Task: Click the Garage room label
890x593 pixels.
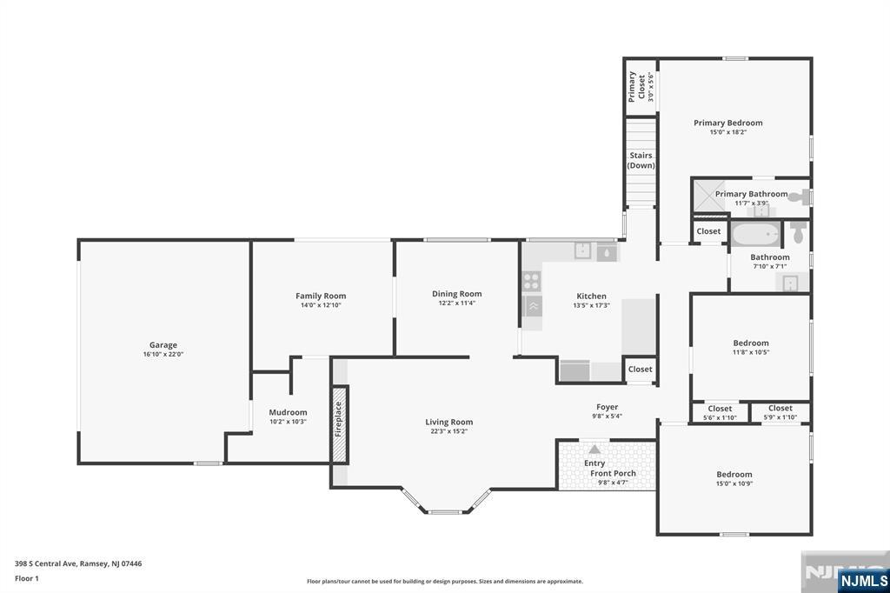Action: pos(163,345)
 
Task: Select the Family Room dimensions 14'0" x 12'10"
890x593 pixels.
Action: pos(321,305)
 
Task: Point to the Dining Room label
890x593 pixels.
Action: pos(457,294)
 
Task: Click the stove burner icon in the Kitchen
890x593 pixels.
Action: pos(532,281)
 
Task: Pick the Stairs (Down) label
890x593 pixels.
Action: pos(641,160)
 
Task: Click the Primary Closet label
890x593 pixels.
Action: pos(637,86)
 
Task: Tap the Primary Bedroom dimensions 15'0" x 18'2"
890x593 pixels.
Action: pos(728,132)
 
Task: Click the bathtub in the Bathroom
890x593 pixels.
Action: pos(756,233)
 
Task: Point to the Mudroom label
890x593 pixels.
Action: pos(288,412)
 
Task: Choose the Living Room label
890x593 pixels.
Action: pos(449,422)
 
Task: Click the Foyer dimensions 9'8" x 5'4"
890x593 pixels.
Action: pos(608,416)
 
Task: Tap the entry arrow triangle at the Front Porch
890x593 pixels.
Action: pos(594,450)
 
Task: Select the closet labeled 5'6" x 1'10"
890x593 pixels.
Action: pos(720,412)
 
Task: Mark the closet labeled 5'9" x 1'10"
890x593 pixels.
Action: pos(780,412)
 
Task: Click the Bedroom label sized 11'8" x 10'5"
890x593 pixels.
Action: pos(751,343)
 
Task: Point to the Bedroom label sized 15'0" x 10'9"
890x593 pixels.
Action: pos(734,474)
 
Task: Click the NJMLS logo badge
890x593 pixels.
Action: pos(863,581)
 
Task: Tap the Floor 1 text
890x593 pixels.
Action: pos(27,579)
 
